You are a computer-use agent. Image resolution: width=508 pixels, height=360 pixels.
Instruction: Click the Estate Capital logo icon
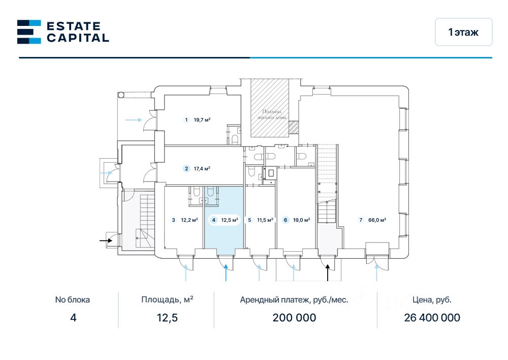point(29,32)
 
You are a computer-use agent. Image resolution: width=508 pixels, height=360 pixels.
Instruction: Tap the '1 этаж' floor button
point(463,32)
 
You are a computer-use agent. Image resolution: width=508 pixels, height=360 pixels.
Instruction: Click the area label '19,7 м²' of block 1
point(202,120)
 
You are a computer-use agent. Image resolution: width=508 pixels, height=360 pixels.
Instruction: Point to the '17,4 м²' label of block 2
point(202,169)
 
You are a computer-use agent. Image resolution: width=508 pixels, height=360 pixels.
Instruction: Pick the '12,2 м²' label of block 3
point(189,220)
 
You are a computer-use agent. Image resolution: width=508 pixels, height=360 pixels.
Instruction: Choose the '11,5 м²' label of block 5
point(265,220)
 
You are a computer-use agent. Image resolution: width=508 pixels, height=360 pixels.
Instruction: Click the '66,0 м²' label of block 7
point(376,220)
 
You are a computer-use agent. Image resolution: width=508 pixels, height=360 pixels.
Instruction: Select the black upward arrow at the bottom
point(328,273)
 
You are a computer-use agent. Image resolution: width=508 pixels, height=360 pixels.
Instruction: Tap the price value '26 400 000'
point(432,318)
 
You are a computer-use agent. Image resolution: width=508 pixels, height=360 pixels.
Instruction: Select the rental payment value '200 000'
point(294,318)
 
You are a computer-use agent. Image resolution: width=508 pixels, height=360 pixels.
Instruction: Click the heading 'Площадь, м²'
point(167,299)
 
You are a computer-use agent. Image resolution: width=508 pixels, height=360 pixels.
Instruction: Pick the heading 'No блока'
point(73,299)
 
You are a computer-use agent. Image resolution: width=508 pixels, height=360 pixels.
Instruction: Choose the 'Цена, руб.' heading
point(432,299)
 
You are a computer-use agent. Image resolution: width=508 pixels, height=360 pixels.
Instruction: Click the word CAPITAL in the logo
point(78,38)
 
